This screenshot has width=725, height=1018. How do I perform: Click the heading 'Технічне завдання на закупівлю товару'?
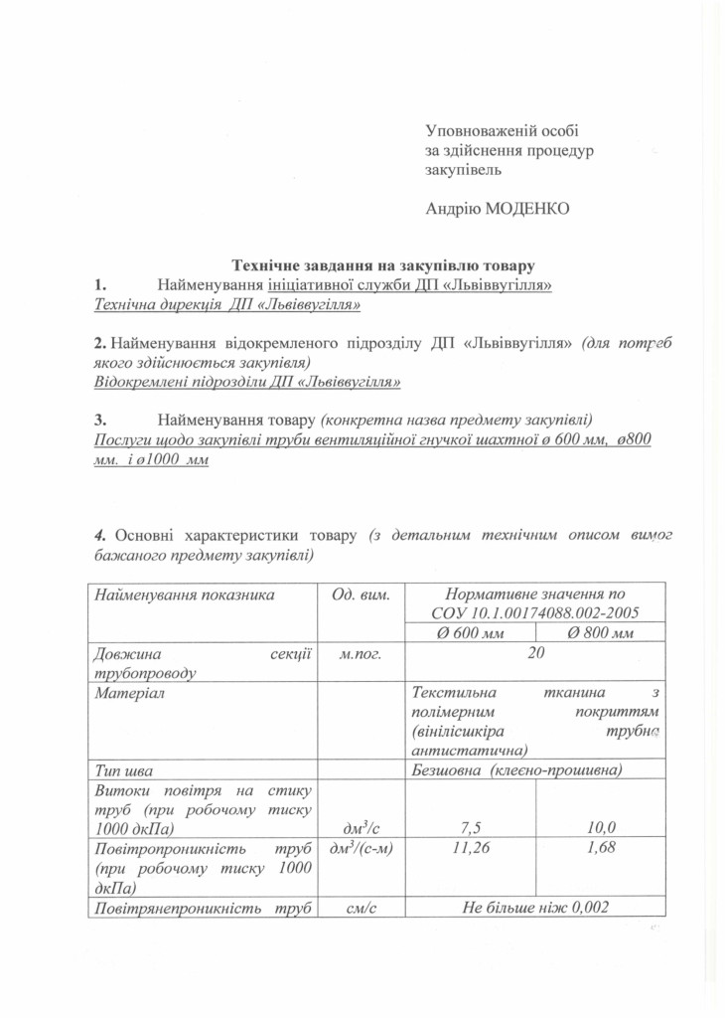pos(383,265)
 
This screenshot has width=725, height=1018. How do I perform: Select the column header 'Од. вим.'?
pos(359,594)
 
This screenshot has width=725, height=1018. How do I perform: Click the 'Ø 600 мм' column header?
pos(472,634)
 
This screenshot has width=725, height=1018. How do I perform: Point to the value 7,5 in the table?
pos(472,827)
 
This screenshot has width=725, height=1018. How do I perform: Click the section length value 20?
pos(535,653)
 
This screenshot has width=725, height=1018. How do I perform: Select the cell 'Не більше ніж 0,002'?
pos(535,908)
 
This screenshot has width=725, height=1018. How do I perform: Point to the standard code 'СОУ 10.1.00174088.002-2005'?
pos(535,612)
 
